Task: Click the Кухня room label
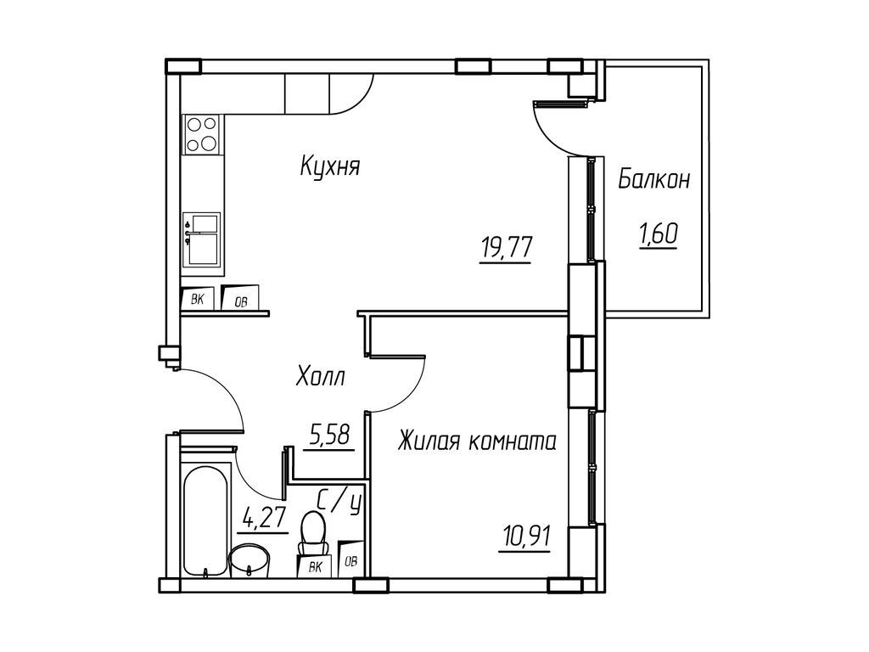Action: coord(330,166)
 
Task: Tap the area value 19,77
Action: coord(506,250)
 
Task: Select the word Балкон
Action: coord(653,179)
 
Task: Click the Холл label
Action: coord(320,377)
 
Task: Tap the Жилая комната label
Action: coord(477,441)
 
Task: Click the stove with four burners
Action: coord(202,134)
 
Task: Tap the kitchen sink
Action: coord(203,239)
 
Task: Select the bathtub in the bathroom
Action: coord(205,520)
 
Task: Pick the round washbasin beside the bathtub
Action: coord(249,560)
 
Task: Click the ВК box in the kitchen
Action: coord(197,298)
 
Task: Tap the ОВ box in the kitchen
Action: coord(240,299)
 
